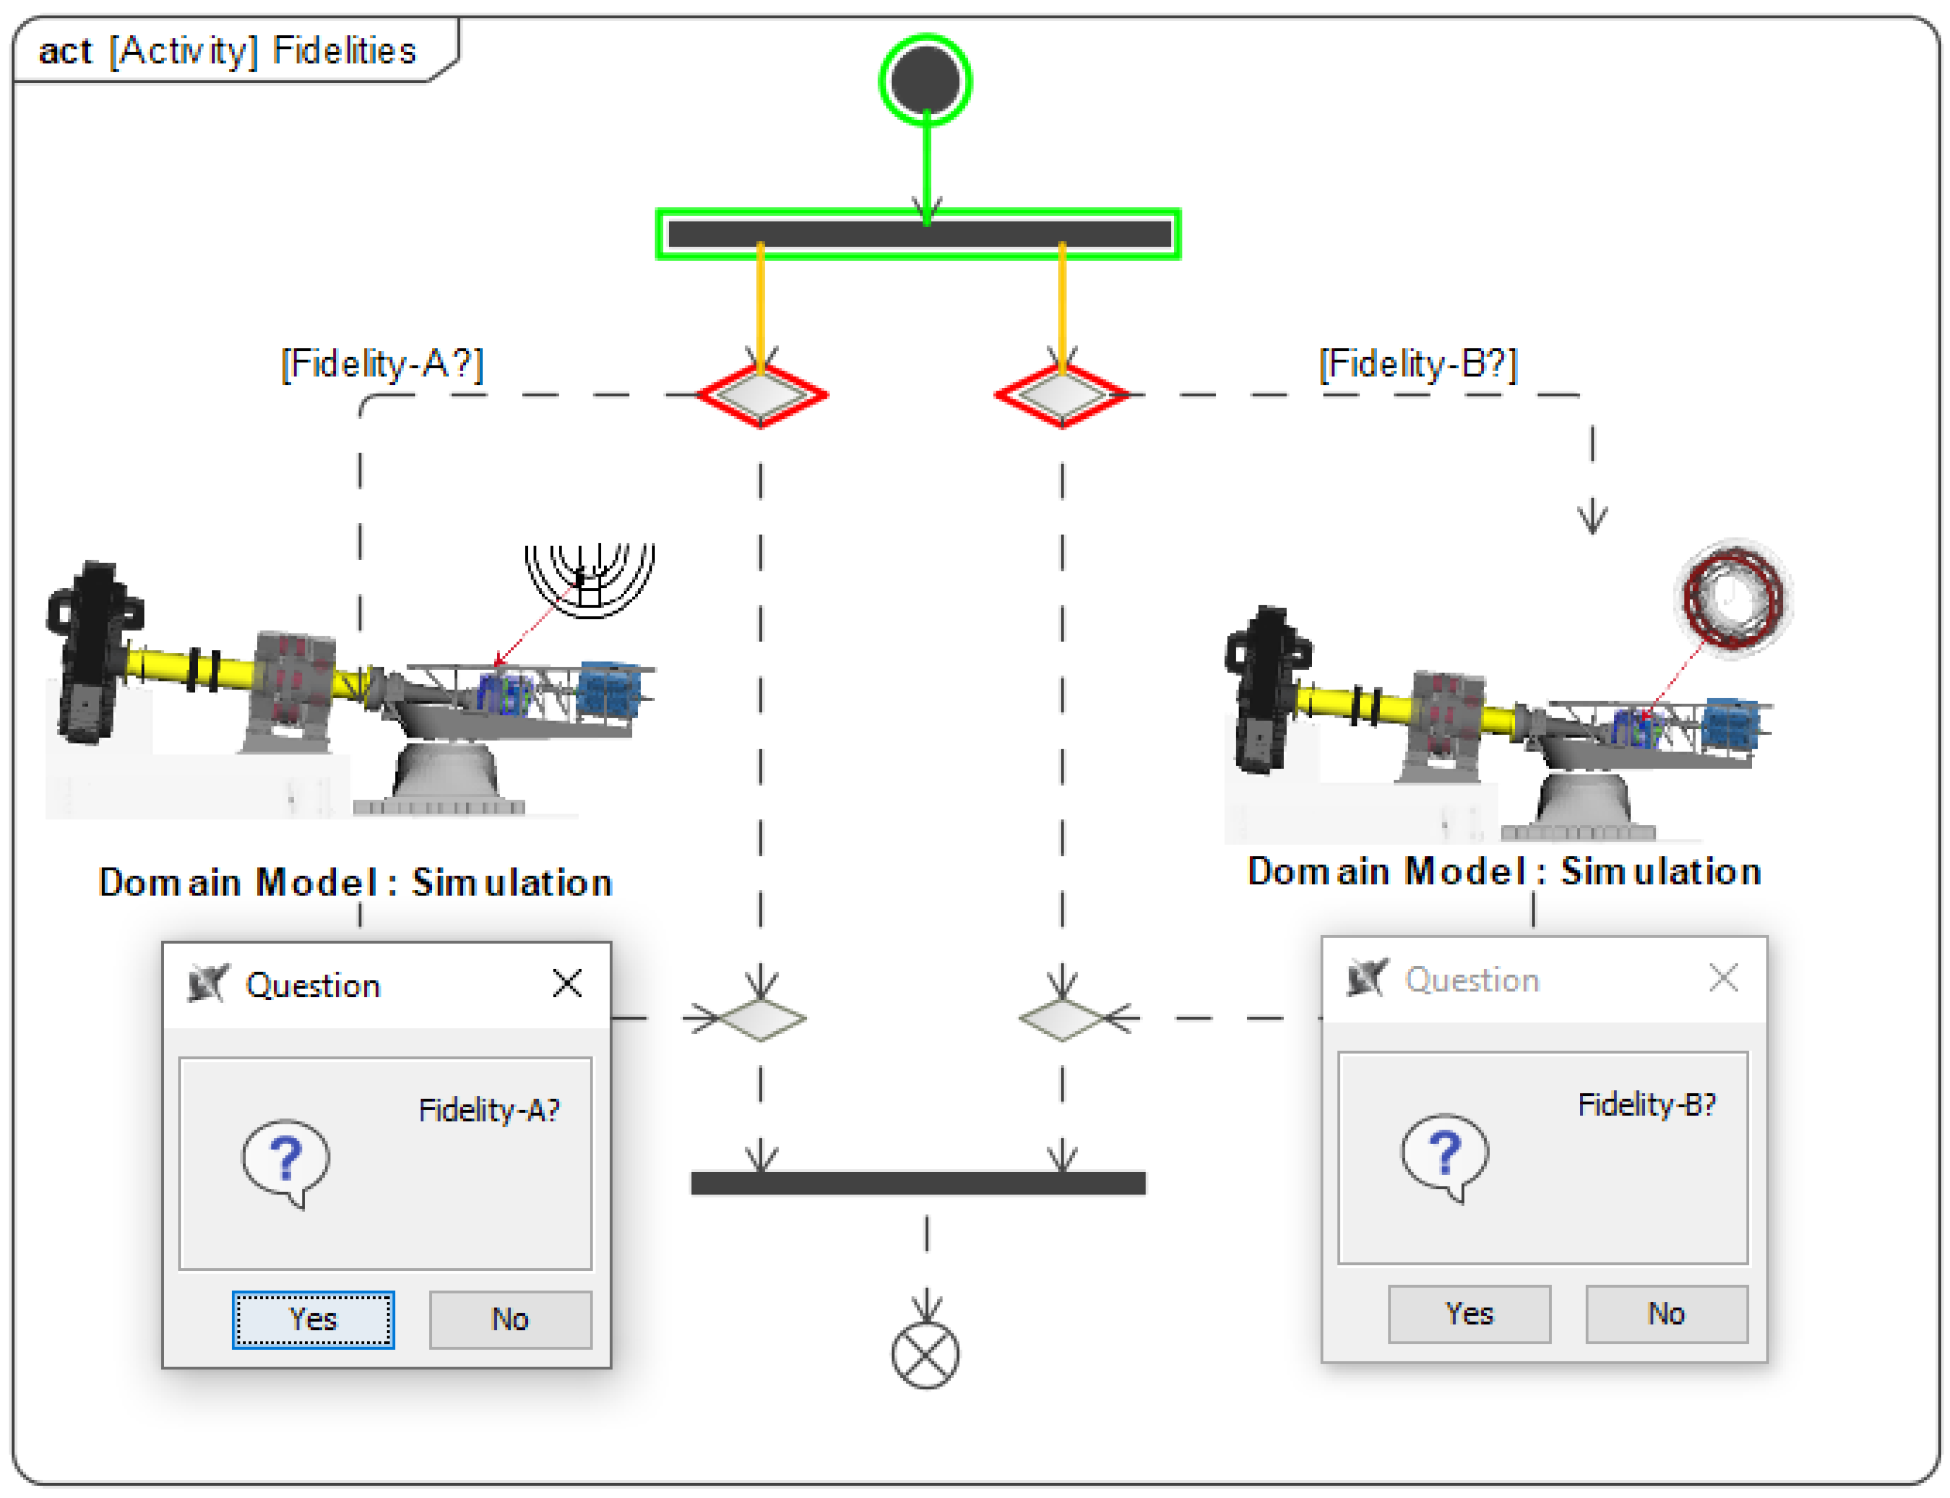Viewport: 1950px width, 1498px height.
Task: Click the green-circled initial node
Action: [x=925, y=80]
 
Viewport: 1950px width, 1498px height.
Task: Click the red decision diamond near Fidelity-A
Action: [x=761, y=395]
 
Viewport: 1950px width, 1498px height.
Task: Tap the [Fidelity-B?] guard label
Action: [x=1418, y=364]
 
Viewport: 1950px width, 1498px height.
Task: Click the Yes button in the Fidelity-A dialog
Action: [x=313, y=1319]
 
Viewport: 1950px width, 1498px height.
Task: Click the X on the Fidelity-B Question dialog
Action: [x=1723, y=978]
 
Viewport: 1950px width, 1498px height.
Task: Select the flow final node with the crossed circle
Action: [x=925, y=1355]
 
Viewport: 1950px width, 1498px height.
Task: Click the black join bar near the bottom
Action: [x=918, y=1182]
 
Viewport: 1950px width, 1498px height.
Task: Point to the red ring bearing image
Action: [x=1733, y=597]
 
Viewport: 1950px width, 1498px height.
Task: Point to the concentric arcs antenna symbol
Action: [x=589, y=578]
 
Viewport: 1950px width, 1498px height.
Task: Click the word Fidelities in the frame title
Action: [x=344, y=51]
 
